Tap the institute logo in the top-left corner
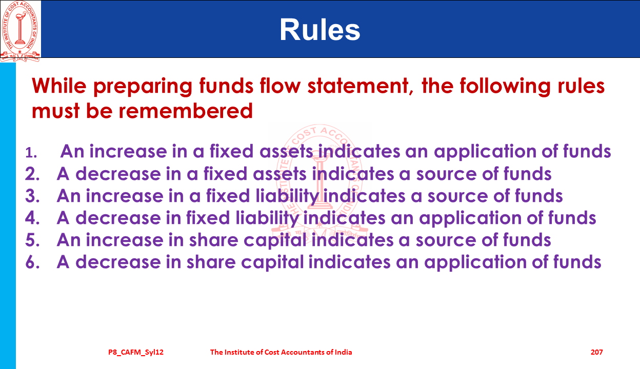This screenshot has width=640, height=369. tap(21, 31)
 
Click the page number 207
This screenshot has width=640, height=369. tap(596, 352)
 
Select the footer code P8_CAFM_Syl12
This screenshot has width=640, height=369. tap(136, 353)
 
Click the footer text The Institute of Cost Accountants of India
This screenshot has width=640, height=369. tap(281, 352)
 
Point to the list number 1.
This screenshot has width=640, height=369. tap(31, 153)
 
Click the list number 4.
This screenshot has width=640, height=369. tap(32, 218)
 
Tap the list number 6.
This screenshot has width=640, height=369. tap(32, 262)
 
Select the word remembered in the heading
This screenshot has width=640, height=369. tap(186, 111)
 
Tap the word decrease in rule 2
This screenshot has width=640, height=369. tap(118, 174)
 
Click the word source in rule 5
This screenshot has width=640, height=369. tap(446, 240)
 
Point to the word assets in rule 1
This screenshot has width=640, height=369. tap(286, 152)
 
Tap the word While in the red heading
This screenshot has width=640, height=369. tap(59, 86)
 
